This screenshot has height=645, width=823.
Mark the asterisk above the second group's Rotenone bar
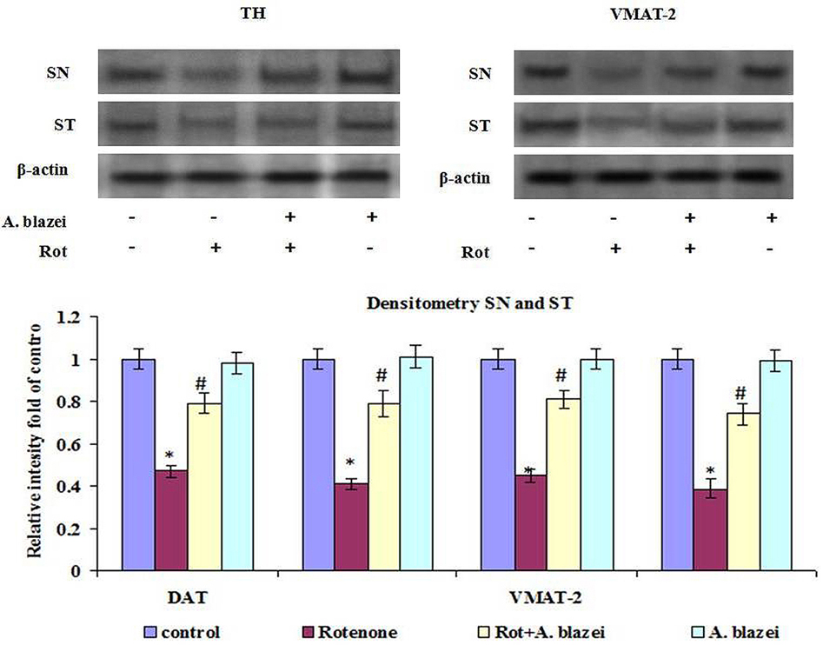(x=349, y=462)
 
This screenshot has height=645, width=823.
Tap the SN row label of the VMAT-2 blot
(x=478, y=74)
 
